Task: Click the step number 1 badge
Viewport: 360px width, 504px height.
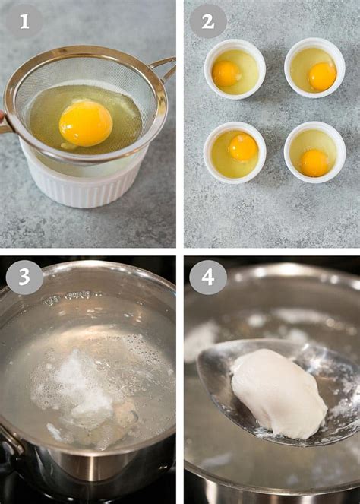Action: (x=24, y=21)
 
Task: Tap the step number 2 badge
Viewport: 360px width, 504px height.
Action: (x=208, y=21)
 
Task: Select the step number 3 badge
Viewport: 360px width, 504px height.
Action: (x=24, y=277)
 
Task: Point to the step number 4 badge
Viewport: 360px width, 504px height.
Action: (x=208, y=277)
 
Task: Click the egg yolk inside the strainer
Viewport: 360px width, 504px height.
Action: (x=86, y=123)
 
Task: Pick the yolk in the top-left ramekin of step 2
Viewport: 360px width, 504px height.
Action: (x=226, y=73)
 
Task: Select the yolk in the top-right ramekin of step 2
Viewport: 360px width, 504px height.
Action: (x=322, y=76)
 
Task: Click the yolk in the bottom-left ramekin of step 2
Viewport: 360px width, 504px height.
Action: (x=244, y=147)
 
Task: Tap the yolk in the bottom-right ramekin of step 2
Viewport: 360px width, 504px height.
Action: (x=314, y=163)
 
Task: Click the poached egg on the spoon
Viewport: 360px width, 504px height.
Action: (x=279, y=393)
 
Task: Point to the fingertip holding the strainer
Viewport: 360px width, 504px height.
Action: (x=2, y=116)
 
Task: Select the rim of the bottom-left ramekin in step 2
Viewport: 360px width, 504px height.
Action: (x=235, y=125)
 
